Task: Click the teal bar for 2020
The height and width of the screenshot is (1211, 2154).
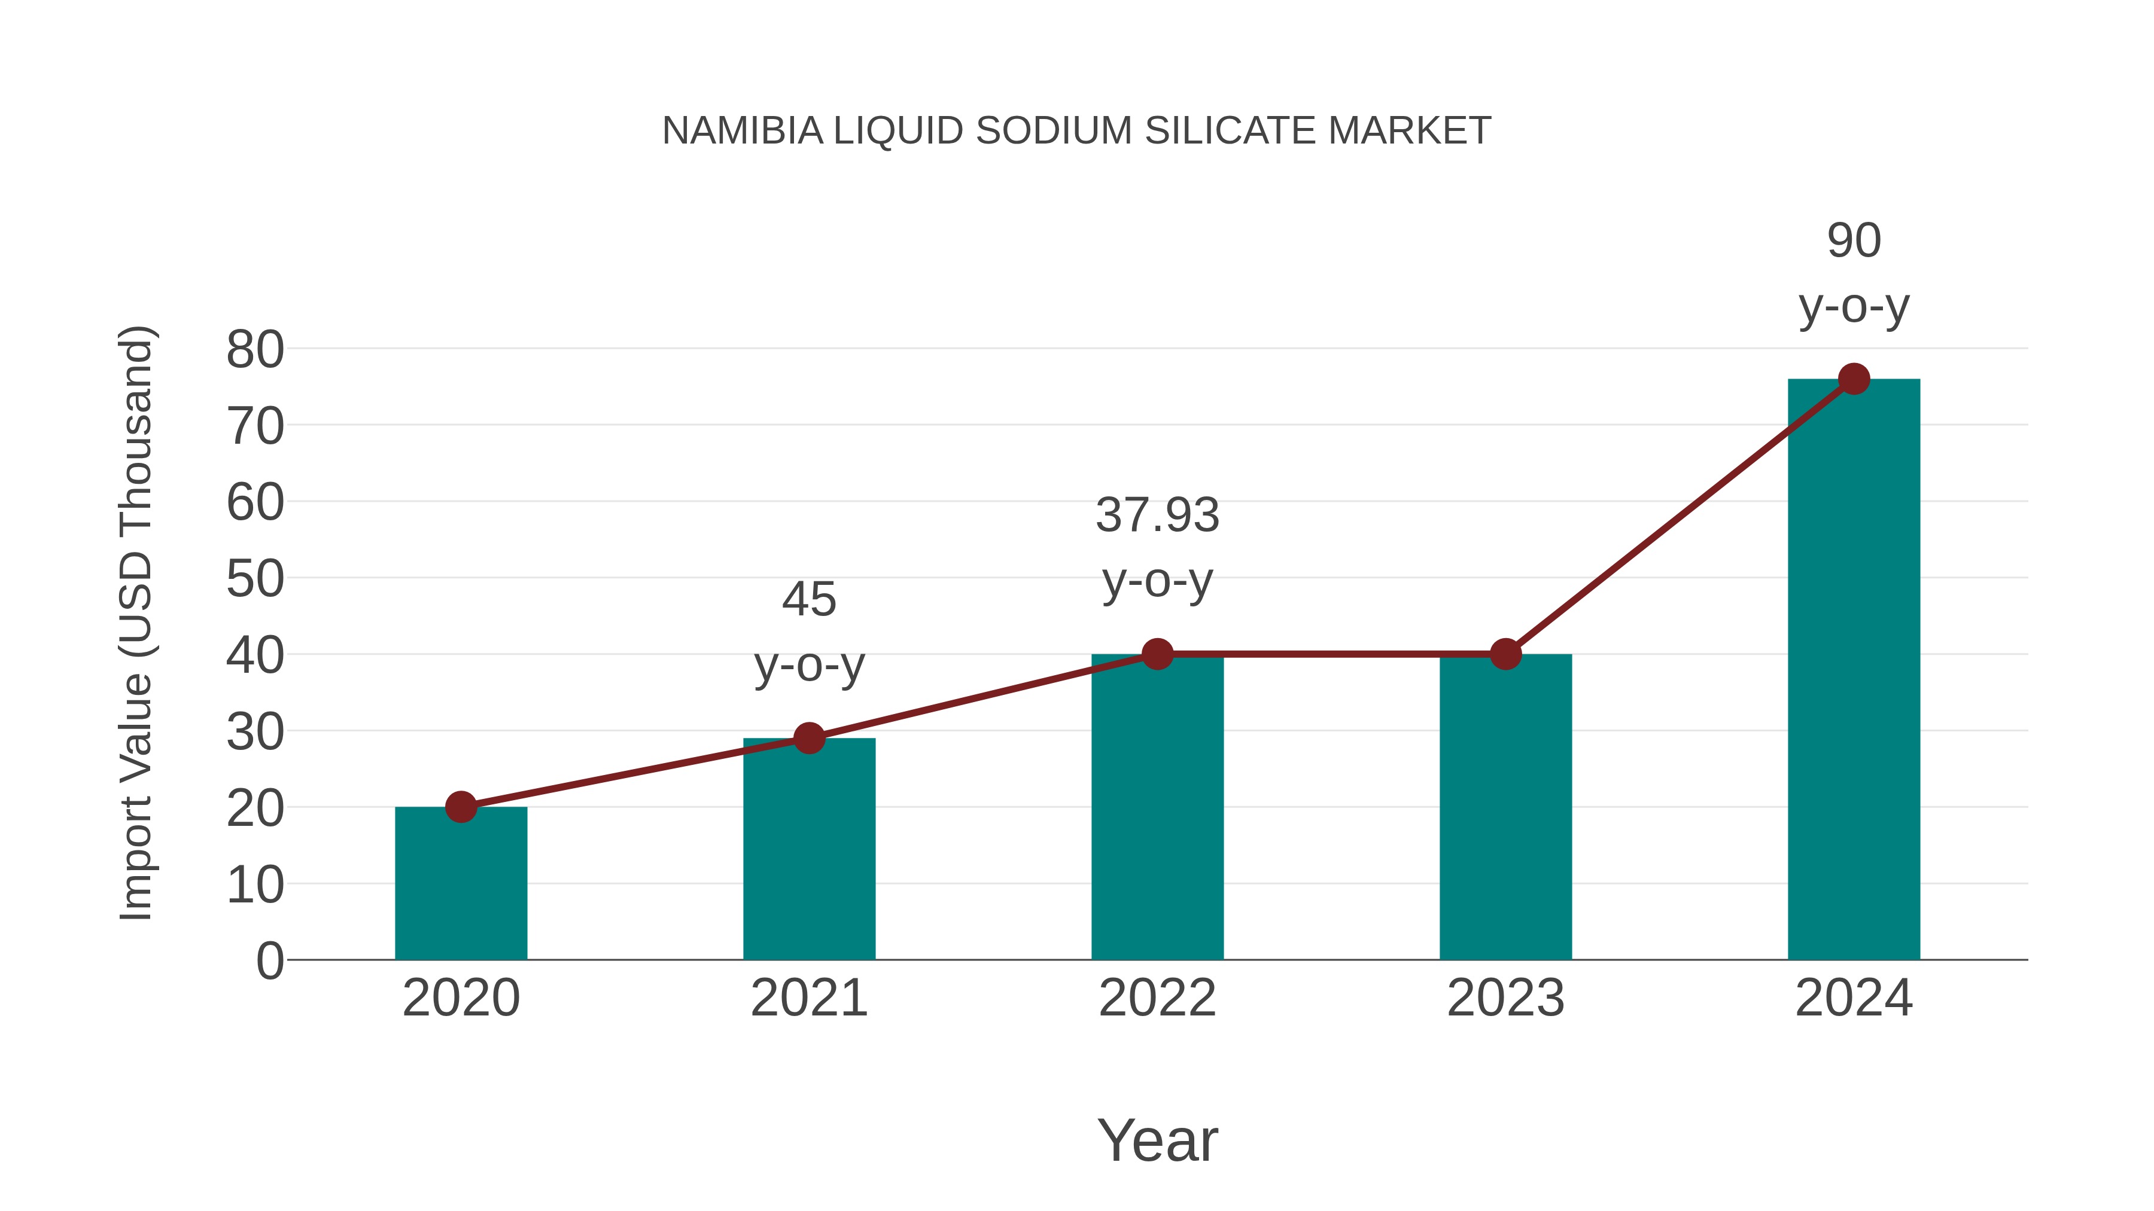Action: coord(461,886)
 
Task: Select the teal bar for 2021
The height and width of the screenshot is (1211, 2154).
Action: coord(808,852)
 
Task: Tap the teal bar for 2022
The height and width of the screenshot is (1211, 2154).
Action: coord(1157,811)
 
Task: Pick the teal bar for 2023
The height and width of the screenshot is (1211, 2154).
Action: coord(1505,811)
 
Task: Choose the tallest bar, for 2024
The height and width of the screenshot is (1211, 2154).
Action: coord(1854,669)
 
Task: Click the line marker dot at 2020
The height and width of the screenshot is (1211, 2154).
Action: coord(461,807)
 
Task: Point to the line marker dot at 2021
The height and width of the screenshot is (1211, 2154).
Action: coord(808,738)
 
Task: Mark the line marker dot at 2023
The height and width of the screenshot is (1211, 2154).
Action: coord(1505,654)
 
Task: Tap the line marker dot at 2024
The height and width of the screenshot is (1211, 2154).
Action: coord(1854,379)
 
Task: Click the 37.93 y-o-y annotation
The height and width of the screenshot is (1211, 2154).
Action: coord(1157,547)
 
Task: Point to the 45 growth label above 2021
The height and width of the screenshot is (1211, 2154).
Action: coord(808,632)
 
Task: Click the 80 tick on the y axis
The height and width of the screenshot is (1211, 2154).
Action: coord(255,349)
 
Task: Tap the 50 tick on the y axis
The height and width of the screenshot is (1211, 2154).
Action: coord(255,578)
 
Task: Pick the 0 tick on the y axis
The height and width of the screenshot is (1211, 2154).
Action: coord(269,960)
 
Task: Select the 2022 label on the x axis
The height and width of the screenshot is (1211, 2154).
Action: coord(1157,998)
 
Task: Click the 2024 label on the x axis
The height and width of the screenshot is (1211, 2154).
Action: coord(1854,998)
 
